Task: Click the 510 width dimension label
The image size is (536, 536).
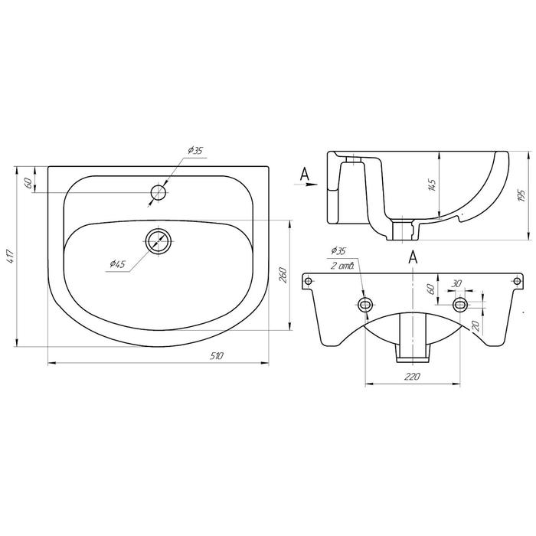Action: point(217,356)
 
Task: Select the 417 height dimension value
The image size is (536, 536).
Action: point(11,256)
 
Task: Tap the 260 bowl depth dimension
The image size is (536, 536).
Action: point(283,275)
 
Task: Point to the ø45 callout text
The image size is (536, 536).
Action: point(118,264)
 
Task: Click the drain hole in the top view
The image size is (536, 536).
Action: point(159,241)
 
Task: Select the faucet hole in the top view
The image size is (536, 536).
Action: point(159,192)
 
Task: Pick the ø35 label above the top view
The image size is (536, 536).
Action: point(195,150)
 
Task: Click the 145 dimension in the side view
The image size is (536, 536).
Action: point(432,185)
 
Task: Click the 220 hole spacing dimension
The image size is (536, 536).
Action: point(412,377)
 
